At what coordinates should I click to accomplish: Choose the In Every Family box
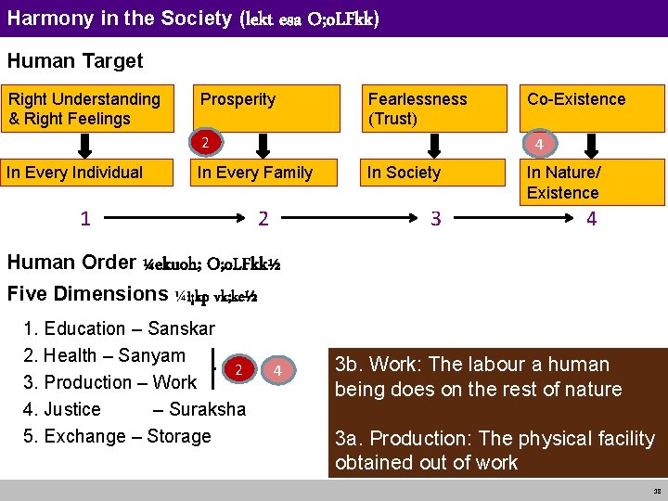(255, 172)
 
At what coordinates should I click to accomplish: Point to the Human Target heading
(75, 61)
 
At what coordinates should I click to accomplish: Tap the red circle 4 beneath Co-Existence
(538, 144)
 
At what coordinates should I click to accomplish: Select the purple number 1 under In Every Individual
(85, 219)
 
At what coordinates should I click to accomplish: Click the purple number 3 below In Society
(435, 219)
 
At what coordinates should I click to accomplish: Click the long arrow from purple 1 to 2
(172, 219)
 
